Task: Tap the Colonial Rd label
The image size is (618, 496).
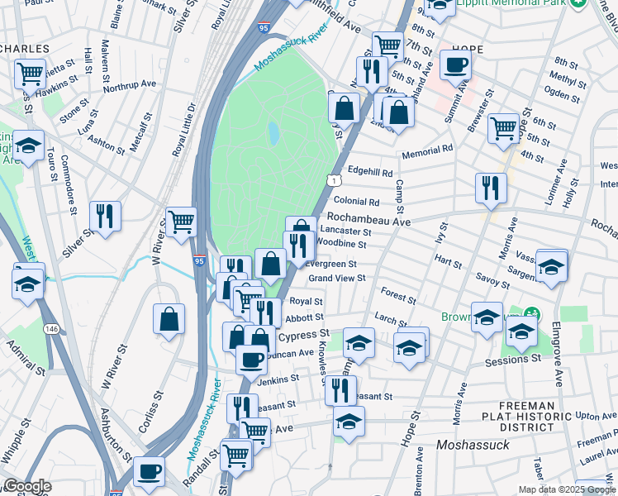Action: pos(356,201)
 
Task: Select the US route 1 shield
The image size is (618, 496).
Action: pos(332,179)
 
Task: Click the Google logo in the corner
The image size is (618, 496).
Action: pos(26,487)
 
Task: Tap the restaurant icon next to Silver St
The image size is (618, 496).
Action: pos(105,217)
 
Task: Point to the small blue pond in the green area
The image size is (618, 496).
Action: pos(273,132)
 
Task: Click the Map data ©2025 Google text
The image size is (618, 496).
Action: pos(567,489)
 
